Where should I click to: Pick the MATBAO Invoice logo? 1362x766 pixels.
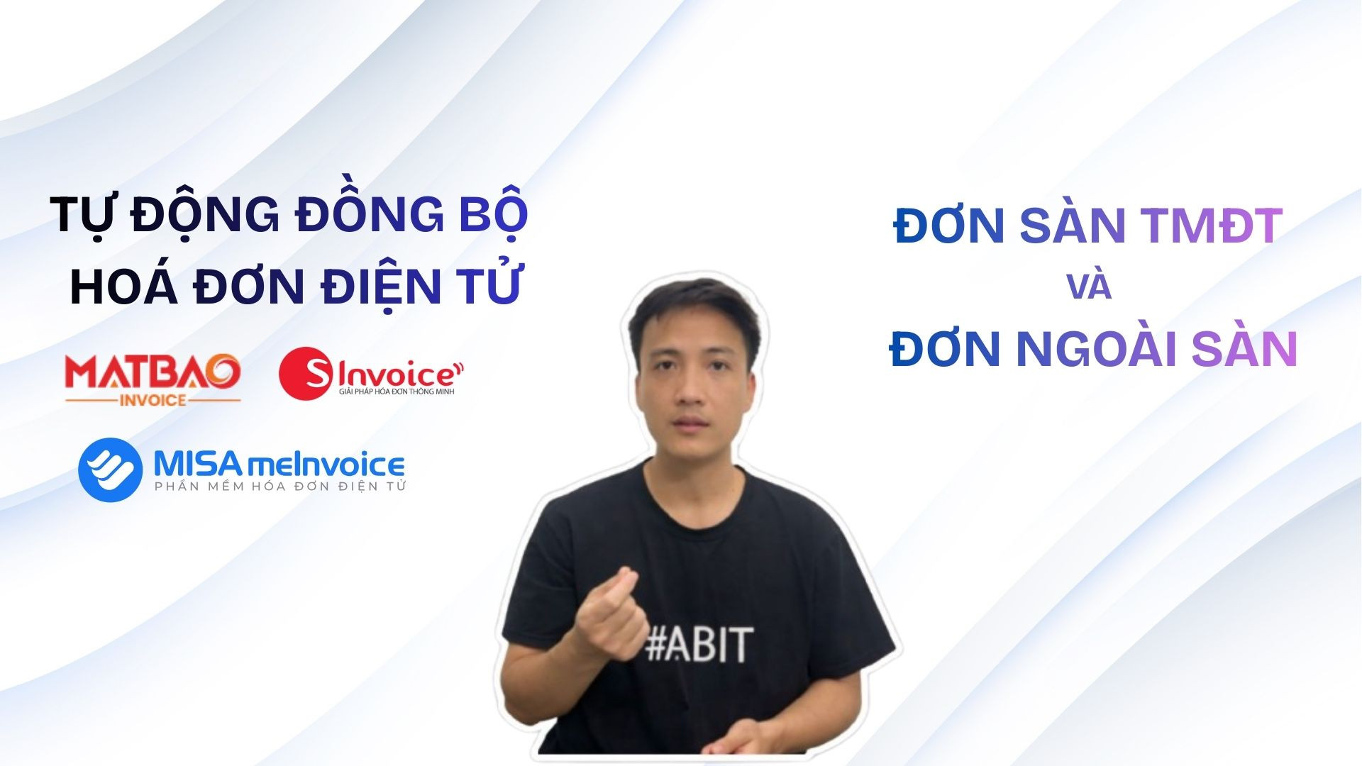click(153, 379)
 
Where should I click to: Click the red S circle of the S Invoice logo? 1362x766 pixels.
click(306, 373)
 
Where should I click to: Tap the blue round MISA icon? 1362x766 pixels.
click(110, 470)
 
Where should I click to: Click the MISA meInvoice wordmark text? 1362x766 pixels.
click(279, 465)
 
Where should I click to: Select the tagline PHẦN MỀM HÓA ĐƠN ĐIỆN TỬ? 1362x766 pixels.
click(280, 486)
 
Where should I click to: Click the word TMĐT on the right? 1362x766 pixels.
click(1212, 226)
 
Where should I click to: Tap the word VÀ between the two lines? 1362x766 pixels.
click(1089, 287)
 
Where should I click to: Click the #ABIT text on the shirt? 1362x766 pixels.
click(699, 644)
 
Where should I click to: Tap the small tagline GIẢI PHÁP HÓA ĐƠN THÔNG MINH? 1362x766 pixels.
click(397, 392)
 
